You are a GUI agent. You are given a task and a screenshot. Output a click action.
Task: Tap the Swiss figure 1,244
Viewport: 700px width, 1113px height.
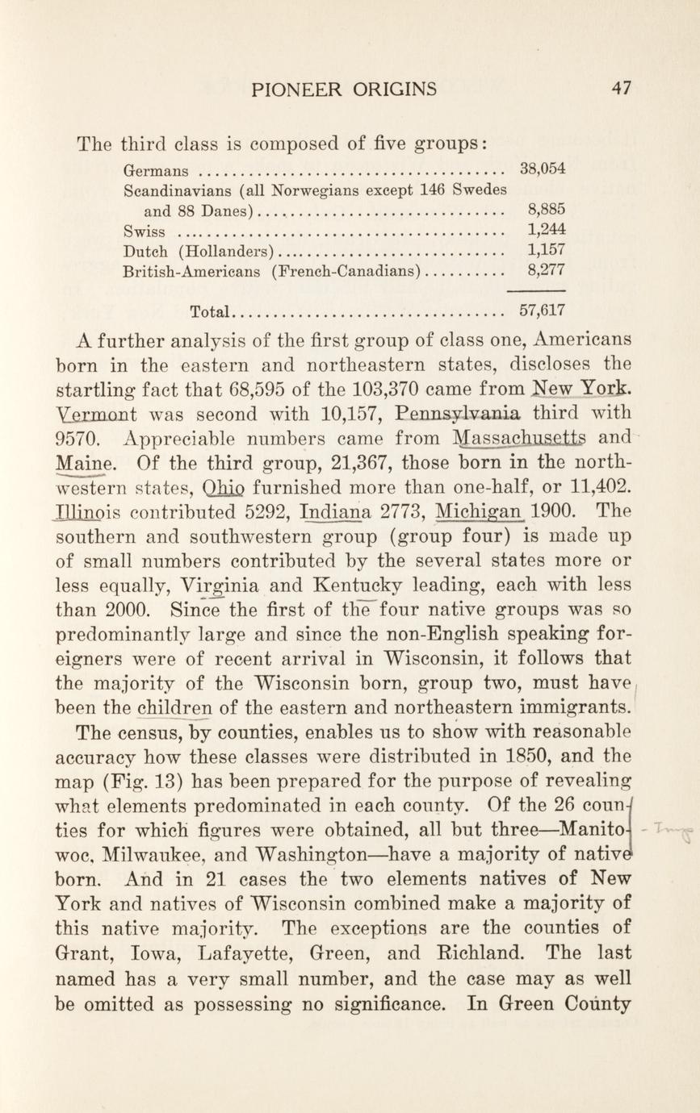[546, 230]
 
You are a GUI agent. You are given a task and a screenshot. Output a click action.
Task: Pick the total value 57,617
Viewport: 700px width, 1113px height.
[543, 310]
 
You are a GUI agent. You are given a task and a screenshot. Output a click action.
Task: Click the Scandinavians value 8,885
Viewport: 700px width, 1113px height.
[546, 210]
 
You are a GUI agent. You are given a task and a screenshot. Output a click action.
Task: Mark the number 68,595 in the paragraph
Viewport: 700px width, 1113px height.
[276, 391]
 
